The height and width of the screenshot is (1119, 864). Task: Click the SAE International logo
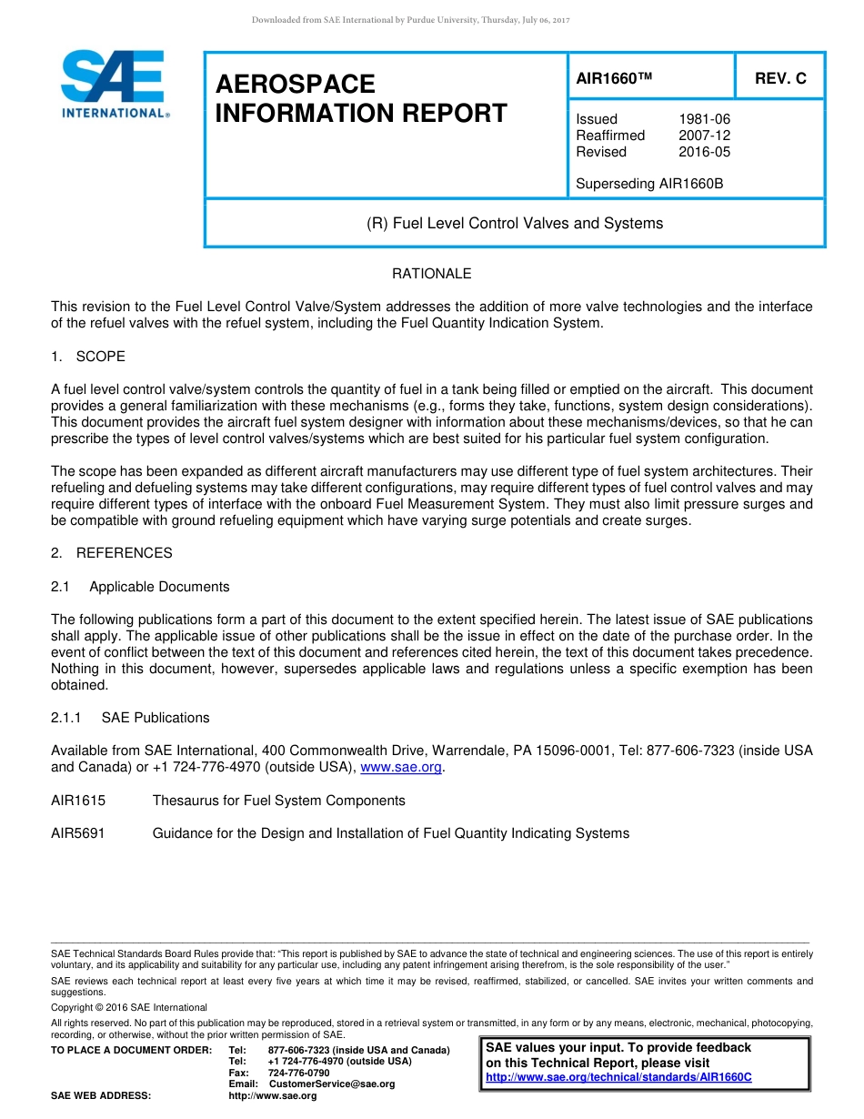coord(114,84)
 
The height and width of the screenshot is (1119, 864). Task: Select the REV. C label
coord(780,79)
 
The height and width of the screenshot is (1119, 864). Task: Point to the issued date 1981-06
coord(704,119)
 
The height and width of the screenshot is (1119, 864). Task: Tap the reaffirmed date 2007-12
coord(704,136)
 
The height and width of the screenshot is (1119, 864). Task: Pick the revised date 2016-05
coord(704,152)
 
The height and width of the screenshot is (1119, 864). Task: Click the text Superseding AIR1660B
coord(649,184)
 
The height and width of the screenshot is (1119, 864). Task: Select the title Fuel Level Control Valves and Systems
coord(515,223)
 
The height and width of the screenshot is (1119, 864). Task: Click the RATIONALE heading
coord(431,274)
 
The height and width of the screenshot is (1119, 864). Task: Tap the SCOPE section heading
coord(100,356)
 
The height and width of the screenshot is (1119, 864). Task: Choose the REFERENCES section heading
coord(124,553)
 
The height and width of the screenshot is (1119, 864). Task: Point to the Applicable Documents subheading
coord(159,587)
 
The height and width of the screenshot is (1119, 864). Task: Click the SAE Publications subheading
coord(156,718)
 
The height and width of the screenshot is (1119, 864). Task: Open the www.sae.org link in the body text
coord(401,768)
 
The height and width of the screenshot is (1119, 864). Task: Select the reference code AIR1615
coord(78,801)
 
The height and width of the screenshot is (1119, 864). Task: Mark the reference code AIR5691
coord(78,833)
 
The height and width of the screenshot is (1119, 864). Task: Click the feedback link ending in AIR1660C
coord(618,1077)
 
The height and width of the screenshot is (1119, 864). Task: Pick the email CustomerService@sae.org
coord(332,1084)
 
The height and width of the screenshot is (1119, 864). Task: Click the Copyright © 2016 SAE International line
coord(129,1008)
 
